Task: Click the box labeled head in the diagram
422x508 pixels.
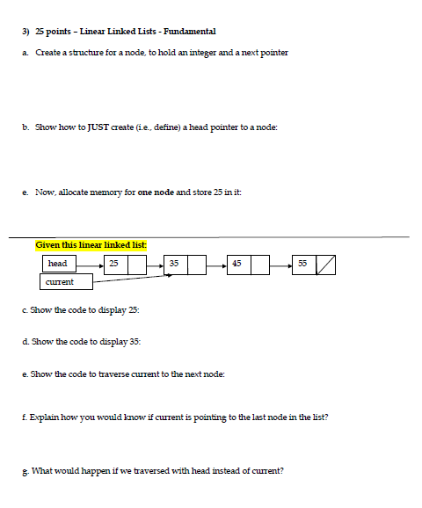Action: click(58, 264)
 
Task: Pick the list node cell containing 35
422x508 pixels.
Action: click(174, 264)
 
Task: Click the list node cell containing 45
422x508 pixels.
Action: click(236, 264)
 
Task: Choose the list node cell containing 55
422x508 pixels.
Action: click(302, 264)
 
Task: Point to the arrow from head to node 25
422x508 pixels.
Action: click(89, 264)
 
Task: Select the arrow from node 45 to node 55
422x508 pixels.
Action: click(281, 264)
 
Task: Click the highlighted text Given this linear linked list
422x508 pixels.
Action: click(91, 244)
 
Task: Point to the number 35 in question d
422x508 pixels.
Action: click(135, 341)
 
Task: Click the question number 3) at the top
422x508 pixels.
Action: click(25, 31)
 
